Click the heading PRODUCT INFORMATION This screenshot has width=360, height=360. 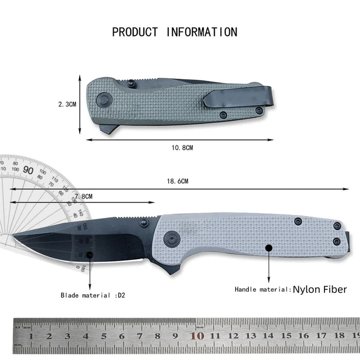pyautogui.click(x=175, y=32)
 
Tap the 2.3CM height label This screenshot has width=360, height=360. pyautogui.click(x=67, y=104)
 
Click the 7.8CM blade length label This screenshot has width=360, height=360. pyautogui.click(x=83, y=196)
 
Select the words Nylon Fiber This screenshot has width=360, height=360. pyautogui.click(x=319, y=289)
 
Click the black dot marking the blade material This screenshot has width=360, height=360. pyautogui.click(x=90, y=255)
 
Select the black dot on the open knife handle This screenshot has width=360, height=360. pyautogui.click(x=268, y=248)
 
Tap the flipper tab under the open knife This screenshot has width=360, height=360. pyautogui.click(x=171, y=268)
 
